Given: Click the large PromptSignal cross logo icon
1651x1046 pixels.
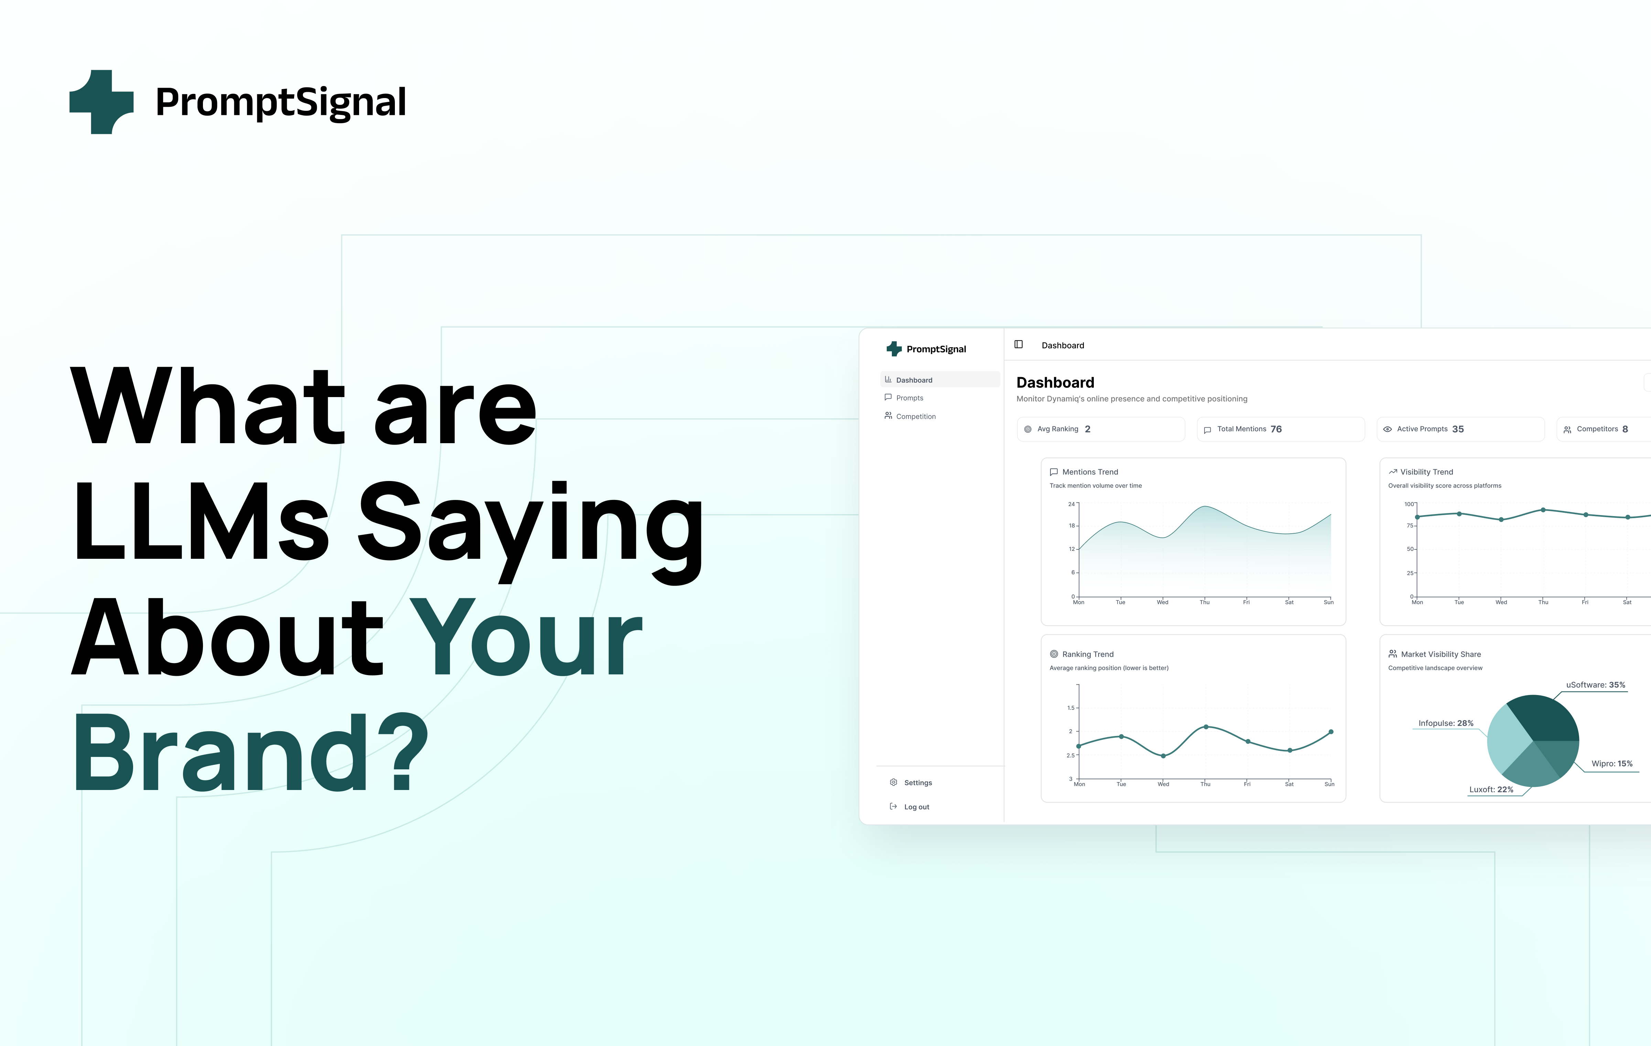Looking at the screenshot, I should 101,102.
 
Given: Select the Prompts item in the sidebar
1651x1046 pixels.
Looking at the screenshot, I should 909,398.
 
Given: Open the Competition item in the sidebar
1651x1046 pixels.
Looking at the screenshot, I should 915,416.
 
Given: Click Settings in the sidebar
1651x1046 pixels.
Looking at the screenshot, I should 917,783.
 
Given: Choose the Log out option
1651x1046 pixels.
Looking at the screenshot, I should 916,807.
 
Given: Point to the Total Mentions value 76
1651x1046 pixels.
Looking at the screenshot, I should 1276,429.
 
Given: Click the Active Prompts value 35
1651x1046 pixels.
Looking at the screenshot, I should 1458,429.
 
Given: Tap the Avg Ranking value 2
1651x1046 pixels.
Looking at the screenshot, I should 1087,429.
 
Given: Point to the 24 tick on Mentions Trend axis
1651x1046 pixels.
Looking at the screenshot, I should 1072,504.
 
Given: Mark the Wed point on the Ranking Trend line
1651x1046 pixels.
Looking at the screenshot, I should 1164,756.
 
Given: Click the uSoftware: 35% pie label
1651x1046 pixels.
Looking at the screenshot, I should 1596,684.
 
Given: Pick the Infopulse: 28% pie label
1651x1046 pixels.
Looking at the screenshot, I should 1445,723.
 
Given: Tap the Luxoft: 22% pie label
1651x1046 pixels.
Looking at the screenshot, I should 1491,789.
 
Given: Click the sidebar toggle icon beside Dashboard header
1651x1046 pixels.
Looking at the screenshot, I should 1019,344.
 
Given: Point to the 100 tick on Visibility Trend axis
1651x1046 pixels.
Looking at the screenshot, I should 1410,504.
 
